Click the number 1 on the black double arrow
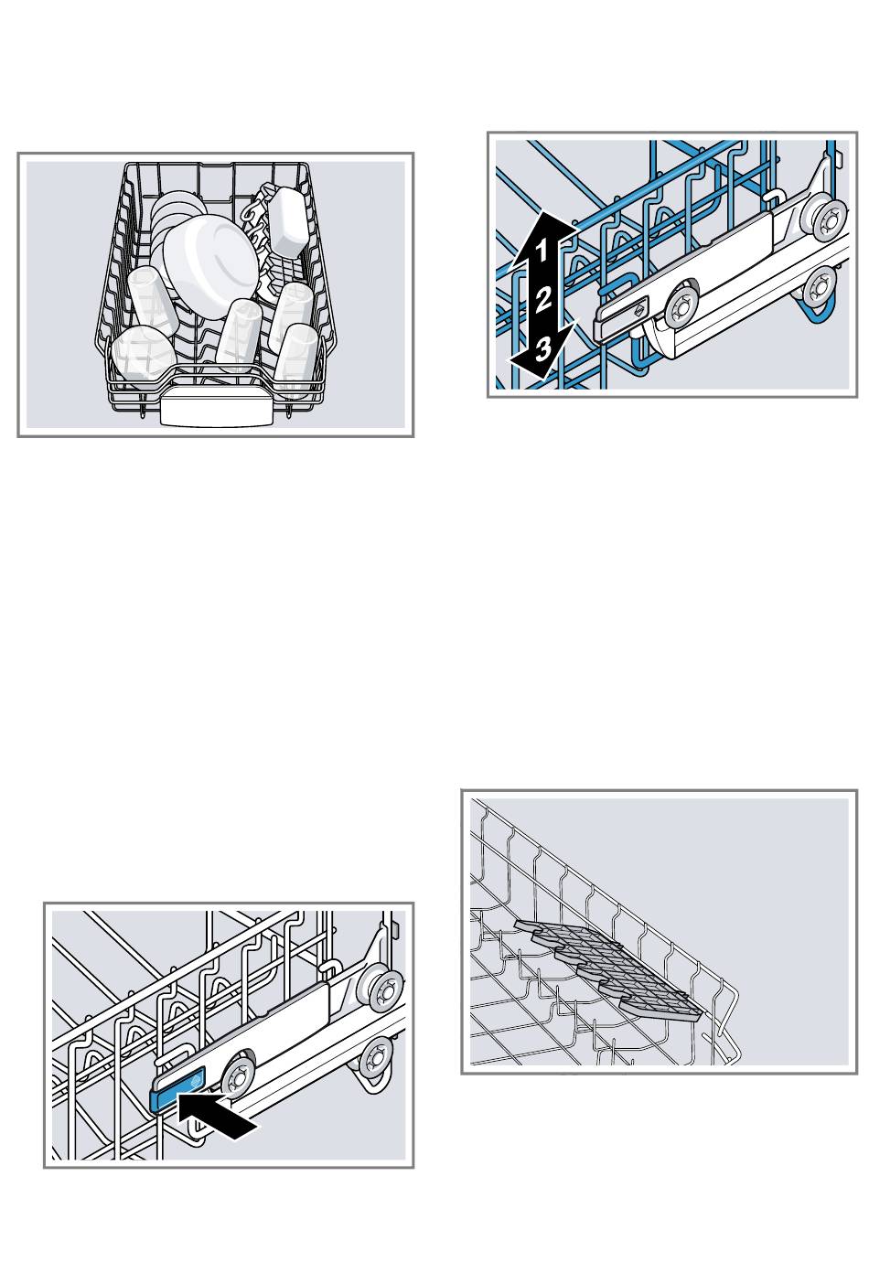[541, 250]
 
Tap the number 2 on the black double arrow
[543, 298]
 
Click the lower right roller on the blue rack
[820, 287]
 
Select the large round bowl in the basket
[210, 262]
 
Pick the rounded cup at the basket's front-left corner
[142, 355]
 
